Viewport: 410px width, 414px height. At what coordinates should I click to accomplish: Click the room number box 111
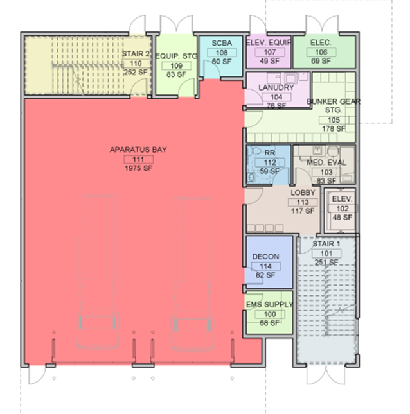point(139,159)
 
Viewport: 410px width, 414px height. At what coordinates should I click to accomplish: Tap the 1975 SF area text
point(139,168)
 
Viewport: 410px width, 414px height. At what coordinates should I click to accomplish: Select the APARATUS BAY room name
point(138,150)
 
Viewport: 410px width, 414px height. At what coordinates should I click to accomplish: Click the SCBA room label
point(222,43)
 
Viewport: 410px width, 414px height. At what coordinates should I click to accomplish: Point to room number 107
point(270,52)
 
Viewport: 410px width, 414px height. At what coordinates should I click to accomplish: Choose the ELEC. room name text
point(321,42)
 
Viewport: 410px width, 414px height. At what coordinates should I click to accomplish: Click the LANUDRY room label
point(276,87)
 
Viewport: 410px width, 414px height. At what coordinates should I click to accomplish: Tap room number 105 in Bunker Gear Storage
point(334,120)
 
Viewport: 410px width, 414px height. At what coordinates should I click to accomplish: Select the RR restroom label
point(270,153)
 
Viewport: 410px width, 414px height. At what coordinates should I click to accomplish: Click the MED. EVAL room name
point(326,162)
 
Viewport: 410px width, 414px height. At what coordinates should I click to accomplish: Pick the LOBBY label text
point(303,193)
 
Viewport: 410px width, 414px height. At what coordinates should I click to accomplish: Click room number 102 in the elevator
point(343,209)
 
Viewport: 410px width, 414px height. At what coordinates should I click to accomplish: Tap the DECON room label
point(265,257)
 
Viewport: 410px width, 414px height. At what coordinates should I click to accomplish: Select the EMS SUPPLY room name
point(269,305)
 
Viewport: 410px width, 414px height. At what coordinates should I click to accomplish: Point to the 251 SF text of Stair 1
point(326,263)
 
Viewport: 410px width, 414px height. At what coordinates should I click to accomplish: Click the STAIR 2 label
point(136,54)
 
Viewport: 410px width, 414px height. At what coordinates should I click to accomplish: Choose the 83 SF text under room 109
point(176,74)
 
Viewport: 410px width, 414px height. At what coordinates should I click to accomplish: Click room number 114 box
point(265,266)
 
